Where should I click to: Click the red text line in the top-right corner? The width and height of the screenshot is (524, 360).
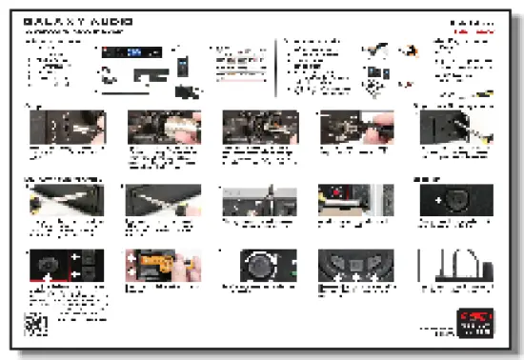point(473,31)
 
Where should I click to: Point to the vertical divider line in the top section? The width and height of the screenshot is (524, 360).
point(277,67)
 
